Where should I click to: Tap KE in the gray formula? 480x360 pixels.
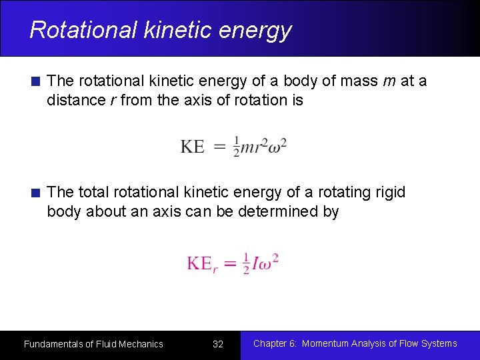[x=193, y=147]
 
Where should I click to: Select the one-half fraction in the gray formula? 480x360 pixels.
[x=237, y=147]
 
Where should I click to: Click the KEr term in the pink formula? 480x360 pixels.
[x=202, y=263]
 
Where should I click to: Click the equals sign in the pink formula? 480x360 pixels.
[x=230, y=263]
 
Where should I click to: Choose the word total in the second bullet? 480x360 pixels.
[x=94, y=193]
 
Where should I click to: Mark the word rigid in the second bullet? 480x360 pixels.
[x=389, y=193]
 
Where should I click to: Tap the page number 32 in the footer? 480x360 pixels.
[x=217, y=345]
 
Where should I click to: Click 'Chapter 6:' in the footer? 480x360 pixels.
[x=275, y=343]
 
